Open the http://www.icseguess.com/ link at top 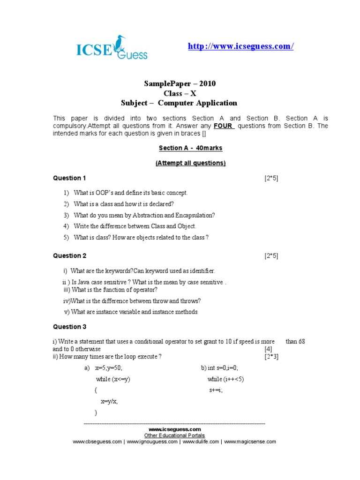click(x=240, y=46)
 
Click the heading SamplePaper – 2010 click(x=180, y=84)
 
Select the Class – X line click(x=180, y=93)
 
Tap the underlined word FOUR click(x=224, y=126)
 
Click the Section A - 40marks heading click(x=190, y=148)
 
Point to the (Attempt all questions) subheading click(x=190, y=163)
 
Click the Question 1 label click(x=69, y=178)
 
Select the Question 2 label click(x=69, y=255)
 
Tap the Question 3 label click(x=69, y=327)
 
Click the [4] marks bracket click(x=268, y=349)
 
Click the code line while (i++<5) click(x=225, y=379)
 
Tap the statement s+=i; click(x=216, y=390)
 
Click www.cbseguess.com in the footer click(x=97, y=442)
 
